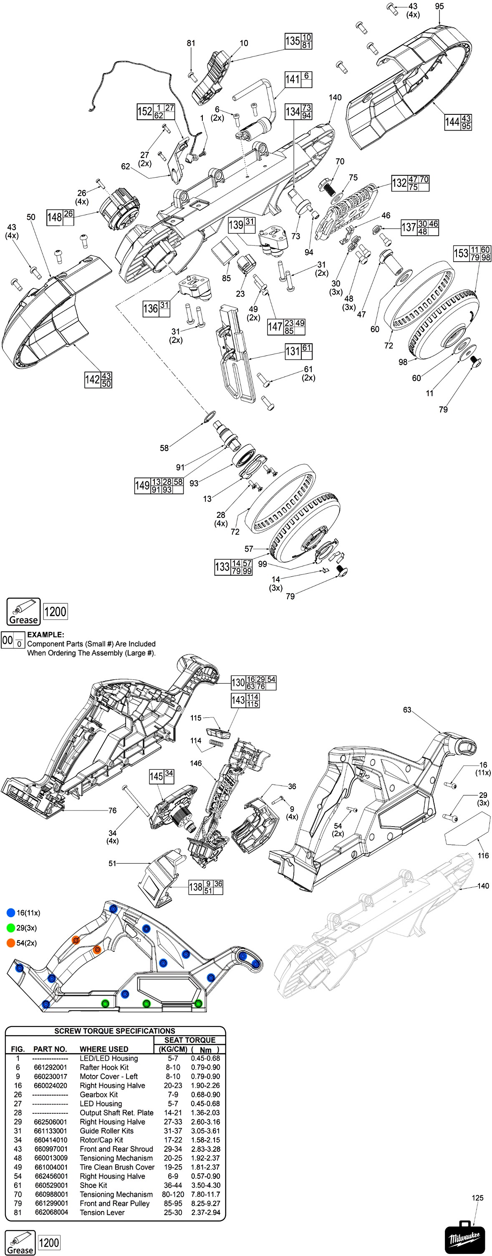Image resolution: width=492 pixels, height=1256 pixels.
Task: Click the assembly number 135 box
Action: [293, 41]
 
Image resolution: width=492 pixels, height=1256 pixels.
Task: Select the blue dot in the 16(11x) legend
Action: [11, 913]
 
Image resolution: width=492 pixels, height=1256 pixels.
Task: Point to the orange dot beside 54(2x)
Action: [11, 943]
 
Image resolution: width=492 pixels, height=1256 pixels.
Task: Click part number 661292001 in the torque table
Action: [51, 1067]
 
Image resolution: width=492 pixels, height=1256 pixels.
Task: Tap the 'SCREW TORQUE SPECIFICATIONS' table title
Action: [115, 1031]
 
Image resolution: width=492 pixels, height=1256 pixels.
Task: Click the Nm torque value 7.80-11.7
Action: [205, 1194]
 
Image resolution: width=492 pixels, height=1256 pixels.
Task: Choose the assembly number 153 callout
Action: [461, 253]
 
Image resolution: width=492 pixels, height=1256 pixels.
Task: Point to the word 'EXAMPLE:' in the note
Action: [45, 635]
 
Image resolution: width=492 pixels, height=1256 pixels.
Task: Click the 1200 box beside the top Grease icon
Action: [55, 611]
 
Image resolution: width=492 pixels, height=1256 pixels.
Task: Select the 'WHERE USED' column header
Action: [104, 1049]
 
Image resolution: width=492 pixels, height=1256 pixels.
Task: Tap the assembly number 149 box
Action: [142, 486]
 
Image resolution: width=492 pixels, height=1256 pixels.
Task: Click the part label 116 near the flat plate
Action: [483, 855]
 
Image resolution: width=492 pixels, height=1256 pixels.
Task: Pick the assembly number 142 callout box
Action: [92, 380]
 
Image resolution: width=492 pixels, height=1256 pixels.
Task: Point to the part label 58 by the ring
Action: [164, 448]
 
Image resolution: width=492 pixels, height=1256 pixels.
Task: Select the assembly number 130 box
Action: [238, 683]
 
